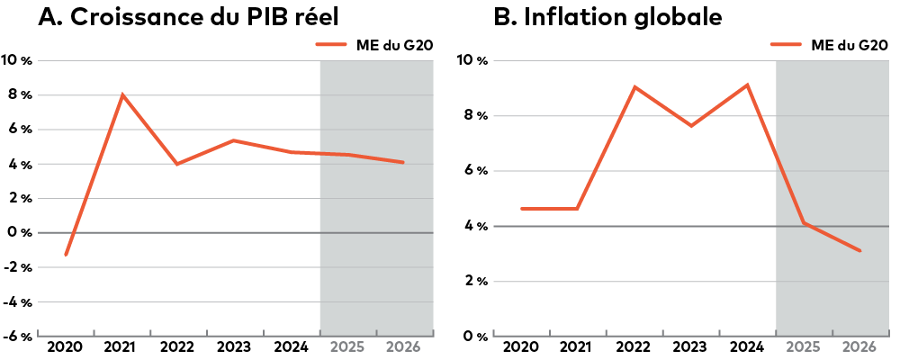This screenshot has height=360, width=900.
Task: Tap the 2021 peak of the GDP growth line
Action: point(122,94)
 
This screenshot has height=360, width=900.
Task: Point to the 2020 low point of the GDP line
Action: point(66,255)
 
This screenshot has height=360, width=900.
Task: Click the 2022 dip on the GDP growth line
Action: point(177,164)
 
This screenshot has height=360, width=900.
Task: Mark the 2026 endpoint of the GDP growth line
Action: point(403,162)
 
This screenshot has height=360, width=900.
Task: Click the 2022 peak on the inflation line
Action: point(634,87)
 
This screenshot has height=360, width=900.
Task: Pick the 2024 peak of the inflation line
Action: point(747,85)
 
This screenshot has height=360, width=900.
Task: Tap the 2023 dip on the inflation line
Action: point(691,125)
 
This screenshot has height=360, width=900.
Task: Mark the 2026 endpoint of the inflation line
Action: point(860,250)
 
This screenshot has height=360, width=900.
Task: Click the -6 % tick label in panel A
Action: point(18,336)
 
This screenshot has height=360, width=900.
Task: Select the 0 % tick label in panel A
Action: point(20,232)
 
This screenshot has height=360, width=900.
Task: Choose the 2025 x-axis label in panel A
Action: point(347,346)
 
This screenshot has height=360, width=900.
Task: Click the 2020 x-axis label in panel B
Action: point(521,346)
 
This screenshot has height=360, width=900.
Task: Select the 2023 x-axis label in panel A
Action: point(235,346)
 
